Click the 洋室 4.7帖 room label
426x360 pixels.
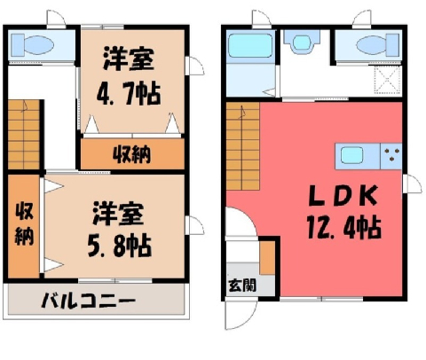pyautogui.click(x=129, y=76)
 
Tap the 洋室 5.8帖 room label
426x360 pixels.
pyautogui.click(x=119, y=230)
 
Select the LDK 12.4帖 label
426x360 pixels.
pyautogui.click(x=343, y=212)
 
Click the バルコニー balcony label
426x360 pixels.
pyautogui.click(x=88, y=301)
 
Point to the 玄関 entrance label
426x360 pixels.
pyautogui.click(x=242, y=286)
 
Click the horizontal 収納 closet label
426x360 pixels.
pyautogui.click(x=132, y=154)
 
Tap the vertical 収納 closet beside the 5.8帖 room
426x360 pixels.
pyautogui.click(x=24, y=224)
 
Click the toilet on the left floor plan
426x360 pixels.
pyautogui.click(x=33, y=45)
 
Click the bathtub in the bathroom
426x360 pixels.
pyautogui.click(x=250, y=45)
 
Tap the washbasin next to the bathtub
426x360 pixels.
pyautogui.click(x=302, y=42)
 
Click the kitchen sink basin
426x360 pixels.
pyautogui.click(x=351, y=155)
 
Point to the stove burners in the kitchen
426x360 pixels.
pyautogui.click(x=391, y=154)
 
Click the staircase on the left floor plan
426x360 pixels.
pyautogui.click(x=24, y=135)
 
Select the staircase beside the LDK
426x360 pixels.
pyautogui.click(x=242, y=146)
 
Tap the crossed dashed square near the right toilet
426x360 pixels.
pyautogui.click(x=387, y=80)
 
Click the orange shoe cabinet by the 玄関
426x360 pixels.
pyautogui.click(x=267, y=258)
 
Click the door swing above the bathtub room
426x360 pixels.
pyautogui.click(x=262, y=20)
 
